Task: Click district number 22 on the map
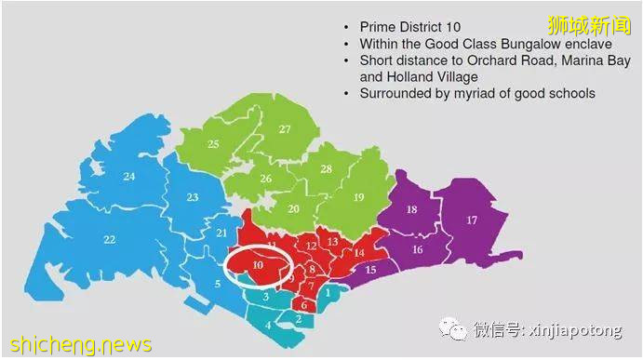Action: [110, 240]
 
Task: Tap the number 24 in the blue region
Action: [129, 177]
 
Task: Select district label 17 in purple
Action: [472, 220]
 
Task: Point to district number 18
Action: [411, 210]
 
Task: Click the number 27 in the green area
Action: [285, 130]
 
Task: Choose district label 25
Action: [213, 144]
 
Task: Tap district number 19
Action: [358, 197]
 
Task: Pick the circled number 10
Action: [257, 266]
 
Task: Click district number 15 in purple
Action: [369, 270]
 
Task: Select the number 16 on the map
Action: [417, 249]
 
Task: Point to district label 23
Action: [193, 197]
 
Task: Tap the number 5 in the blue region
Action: [218, 285]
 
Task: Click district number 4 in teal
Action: [268, 325]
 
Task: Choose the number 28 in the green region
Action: [326, 169]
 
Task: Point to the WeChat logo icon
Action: [455, 329]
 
